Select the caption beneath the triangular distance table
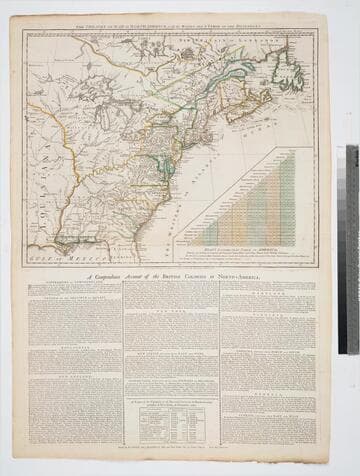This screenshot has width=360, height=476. tap(246, 253)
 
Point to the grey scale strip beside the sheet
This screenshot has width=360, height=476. tap(351, 250)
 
